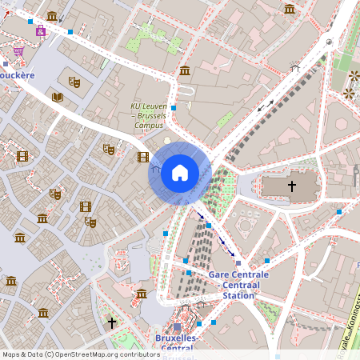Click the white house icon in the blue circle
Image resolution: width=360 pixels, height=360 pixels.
coord(179,173)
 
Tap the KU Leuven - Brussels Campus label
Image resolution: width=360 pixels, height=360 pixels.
coord(149,115)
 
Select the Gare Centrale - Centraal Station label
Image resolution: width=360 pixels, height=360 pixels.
coord(238,285)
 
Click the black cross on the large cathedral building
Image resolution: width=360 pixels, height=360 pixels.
coord(291,186)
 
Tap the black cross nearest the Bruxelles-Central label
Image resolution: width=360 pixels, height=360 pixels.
coord(112,322)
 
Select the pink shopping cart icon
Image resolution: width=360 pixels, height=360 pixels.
coord(18,50)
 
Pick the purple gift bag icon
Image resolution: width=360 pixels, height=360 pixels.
coord(40,31)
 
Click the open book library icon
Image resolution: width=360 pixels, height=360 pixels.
coord(57,97)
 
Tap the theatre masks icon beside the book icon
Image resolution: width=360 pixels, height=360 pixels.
coord(74,81)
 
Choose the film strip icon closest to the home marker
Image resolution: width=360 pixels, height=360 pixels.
coord(142,157)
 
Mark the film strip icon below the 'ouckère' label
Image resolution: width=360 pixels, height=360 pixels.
coord(22,157)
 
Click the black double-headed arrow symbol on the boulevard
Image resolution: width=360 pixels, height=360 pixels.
coord(265,105)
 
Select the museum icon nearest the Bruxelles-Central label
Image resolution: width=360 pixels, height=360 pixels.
coord(142,294)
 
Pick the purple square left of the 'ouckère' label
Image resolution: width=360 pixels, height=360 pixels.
coord(6,63)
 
